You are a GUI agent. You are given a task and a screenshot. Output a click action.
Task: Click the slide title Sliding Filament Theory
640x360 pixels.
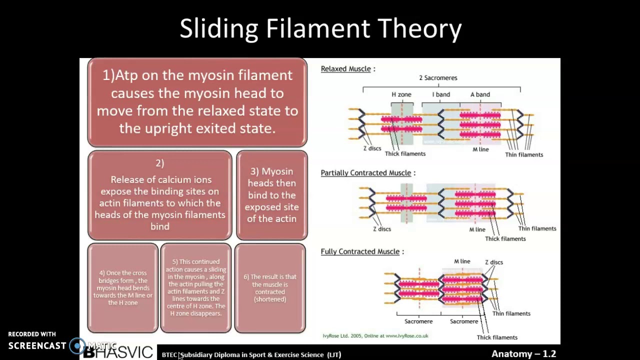pos(320,28)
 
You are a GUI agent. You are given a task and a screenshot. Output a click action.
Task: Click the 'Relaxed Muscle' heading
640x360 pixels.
pos(346,69)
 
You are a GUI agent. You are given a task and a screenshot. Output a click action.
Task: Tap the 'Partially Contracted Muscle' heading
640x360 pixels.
pos(366,173)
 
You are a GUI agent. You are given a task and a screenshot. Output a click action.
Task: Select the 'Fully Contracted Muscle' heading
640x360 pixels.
pos(360,251)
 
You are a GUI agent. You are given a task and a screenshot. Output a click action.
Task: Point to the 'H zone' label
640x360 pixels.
pos(401,94)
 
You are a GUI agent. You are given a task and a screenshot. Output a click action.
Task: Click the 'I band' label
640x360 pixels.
pos(441,94)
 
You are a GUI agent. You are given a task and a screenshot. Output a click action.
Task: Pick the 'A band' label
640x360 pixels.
pos(480,94)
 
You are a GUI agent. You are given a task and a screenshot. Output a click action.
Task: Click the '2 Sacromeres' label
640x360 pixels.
pos(438,78)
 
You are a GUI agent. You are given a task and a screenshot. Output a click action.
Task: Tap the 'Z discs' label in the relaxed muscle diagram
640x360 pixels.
pos(372,148)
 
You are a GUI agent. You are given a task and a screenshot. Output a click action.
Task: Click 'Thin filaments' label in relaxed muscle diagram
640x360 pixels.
pos(523,154)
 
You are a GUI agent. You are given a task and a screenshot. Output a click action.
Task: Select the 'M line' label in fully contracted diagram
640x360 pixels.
pos(462,261)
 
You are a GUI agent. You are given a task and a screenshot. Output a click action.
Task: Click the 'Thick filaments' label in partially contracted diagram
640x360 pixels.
pos(505,239)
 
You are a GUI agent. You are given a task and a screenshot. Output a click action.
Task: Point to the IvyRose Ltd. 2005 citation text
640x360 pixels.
pos(375,336)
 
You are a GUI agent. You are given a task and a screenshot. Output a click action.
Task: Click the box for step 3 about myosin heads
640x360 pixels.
pos(271,195)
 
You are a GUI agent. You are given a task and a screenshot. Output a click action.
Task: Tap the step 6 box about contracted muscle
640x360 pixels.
pos(270,288)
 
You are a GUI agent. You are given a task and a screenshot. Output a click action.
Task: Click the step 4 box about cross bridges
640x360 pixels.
pos(123,288)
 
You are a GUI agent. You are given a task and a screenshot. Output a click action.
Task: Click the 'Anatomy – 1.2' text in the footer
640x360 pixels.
pos(523,354)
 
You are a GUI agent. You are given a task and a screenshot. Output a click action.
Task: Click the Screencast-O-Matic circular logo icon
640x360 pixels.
pos(77,345)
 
